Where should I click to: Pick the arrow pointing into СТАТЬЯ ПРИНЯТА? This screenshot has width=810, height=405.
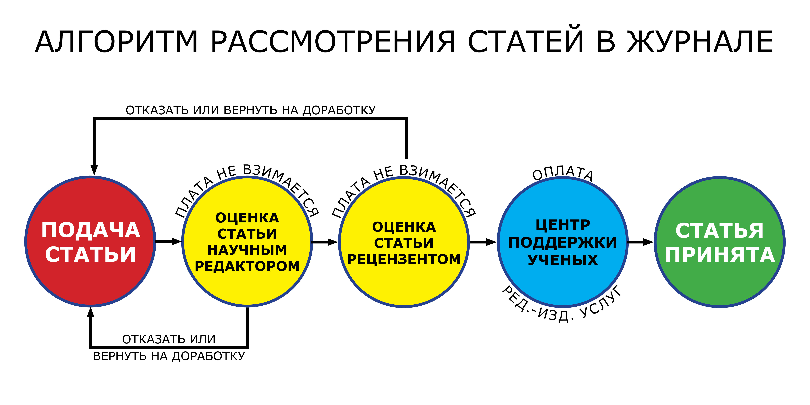coord(641,242)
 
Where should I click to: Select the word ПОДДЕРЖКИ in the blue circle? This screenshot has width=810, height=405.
coord(563,242)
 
